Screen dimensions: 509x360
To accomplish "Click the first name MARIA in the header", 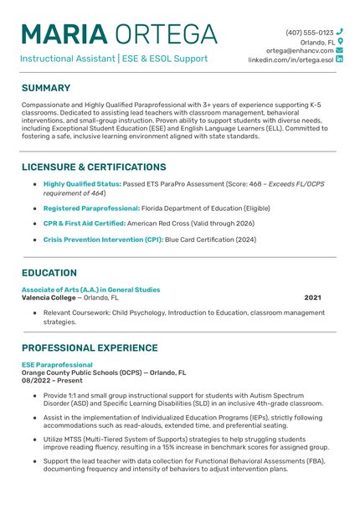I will (x=64, y=34).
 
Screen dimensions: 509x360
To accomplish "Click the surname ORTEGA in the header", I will (x=166, y=34).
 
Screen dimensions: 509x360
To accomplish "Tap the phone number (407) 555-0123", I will (x=309, y=32).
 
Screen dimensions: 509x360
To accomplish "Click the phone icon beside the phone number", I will (x=339, y=32).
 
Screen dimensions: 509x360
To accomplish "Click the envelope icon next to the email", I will (x=339, y=50).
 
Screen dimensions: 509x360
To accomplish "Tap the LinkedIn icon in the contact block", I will (x=339, y=60).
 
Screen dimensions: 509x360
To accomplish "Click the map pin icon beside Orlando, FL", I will (x=340, y=41).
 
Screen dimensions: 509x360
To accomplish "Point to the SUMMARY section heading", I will (x=46, y=88).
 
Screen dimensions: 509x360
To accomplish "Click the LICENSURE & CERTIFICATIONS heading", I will (x=94, y=167).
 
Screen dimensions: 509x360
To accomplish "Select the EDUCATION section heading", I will (x=49, y=273).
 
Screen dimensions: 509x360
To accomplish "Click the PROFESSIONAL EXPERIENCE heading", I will (x=97, y=348).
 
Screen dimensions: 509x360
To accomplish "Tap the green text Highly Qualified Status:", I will (x=82, y=183).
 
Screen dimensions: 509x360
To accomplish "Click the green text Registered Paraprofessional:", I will (x=91, y=208).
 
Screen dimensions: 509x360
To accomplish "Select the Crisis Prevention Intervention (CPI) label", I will (x=103, y=239).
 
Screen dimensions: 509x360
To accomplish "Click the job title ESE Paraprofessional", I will (x=57, y=365).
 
